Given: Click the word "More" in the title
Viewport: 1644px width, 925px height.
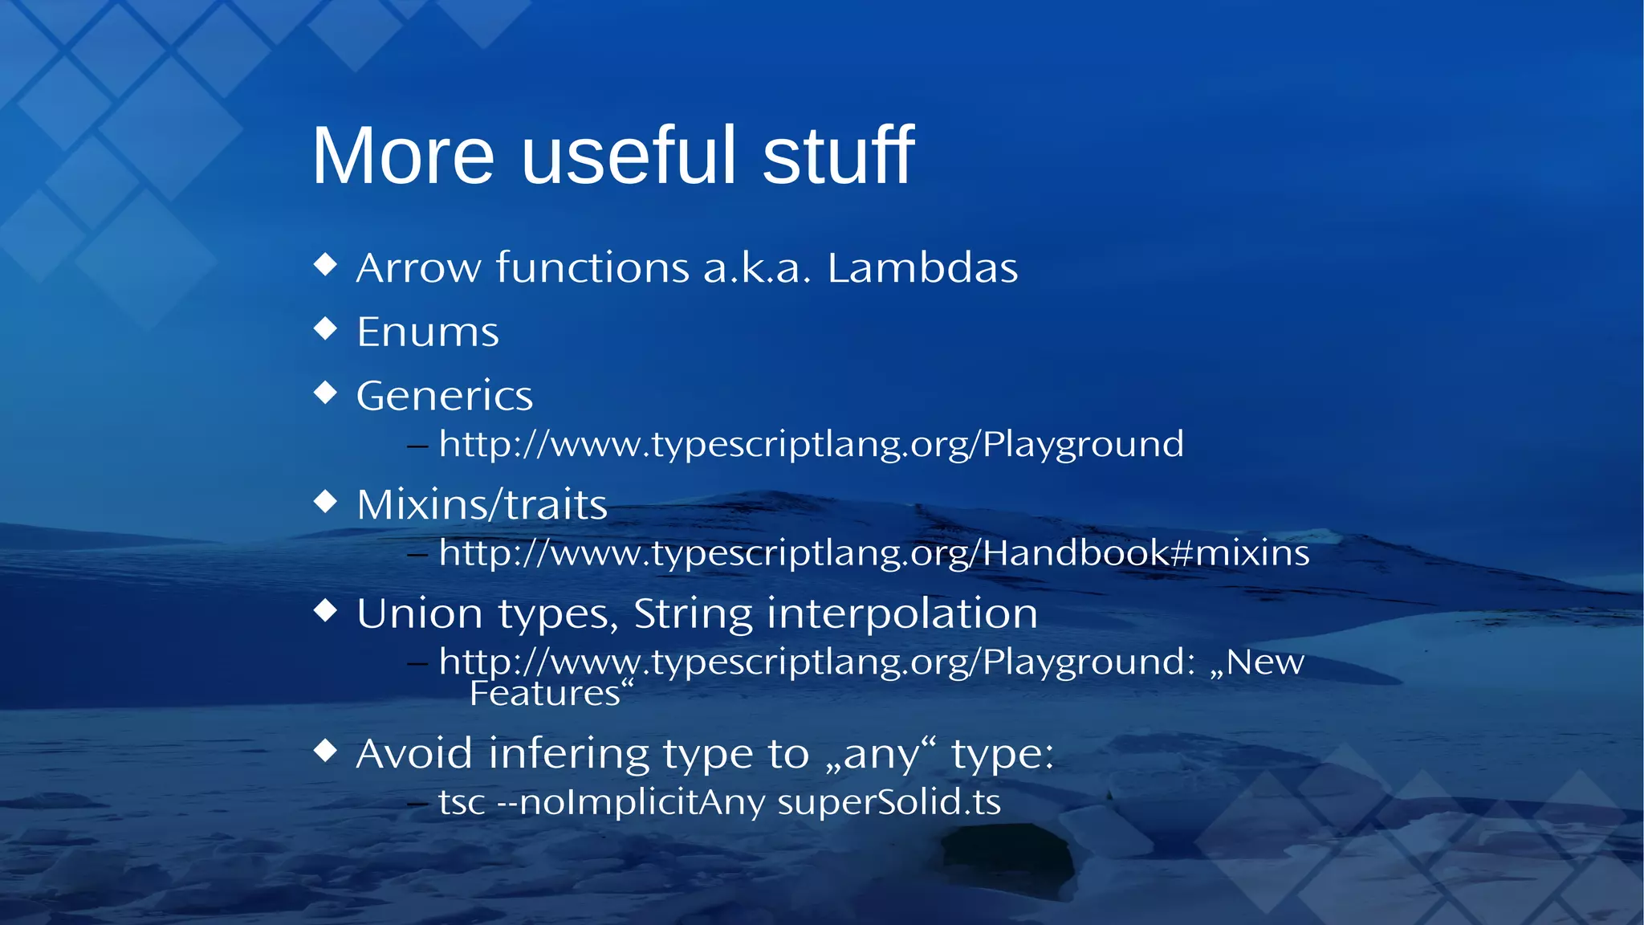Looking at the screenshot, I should [x=403, y=156].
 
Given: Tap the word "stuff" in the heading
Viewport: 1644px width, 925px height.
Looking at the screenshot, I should [x=838, y=156].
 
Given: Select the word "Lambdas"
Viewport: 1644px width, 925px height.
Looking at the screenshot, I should [x=922, y=267].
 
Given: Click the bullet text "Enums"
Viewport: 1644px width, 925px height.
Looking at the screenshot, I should [x=427, y=332].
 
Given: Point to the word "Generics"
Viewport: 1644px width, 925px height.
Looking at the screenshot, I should [x=444, y=396].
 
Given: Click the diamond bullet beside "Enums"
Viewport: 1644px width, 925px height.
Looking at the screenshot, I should [x=325, y=328].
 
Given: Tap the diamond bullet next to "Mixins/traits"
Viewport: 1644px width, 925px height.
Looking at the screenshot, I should [x=325, y=501].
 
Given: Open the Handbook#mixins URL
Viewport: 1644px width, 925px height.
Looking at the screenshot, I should [x=873, y=553].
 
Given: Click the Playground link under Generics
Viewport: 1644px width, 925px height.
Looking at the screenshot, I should [x=811, y=444].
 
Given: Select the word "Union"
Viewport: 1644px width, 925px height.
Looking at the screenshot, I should [x=419, y=613].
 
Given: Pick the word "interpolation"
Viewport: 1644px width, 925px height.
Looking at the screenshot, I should [x=902, y=613].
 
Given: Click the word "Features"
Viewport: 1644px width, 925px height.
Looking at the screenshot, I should [x=545, y=693].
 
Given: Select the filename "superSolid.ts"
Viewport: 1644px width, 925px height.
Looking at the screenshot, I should [x=889, y=802].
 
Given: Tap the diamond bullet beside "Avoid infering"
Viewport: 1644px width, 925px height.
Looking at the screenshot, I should [x=325, y=751].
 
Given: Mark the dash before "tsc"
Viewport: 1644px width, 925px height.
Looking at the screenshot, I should [x=417, y=802].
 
